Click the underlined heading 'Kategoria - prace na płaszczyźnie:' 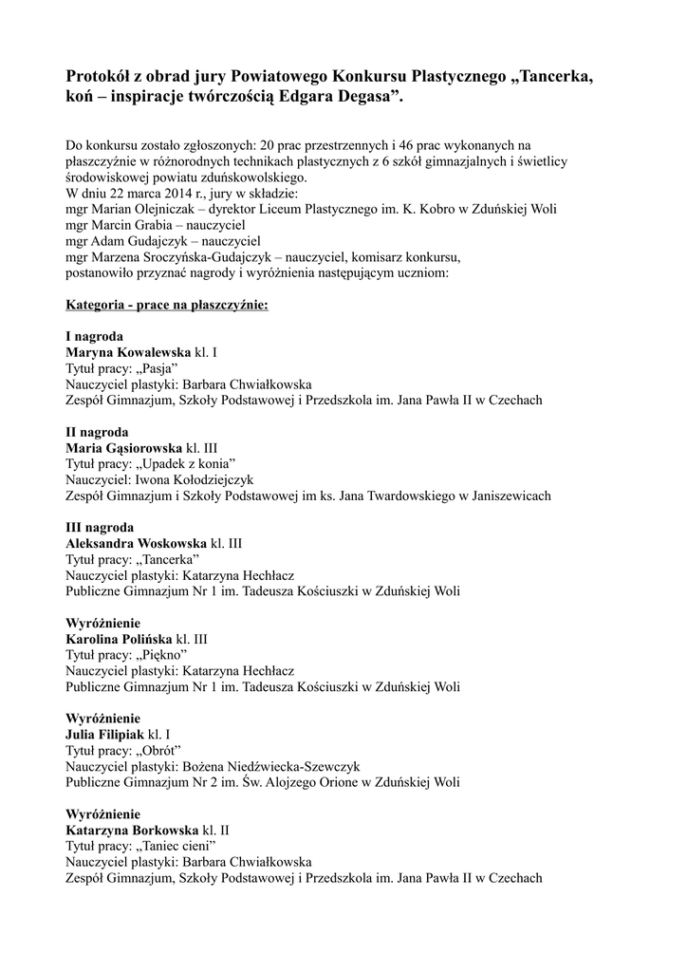(x=166, y=306)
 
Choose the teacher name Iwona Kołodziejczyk (x=200, y=480)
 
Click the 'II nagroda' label (x=97, y=432)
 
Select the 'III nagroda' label (x=100, y=527)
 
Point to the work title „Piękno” (x=162, y=655)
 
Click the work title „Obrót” (x=159, y=751)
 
